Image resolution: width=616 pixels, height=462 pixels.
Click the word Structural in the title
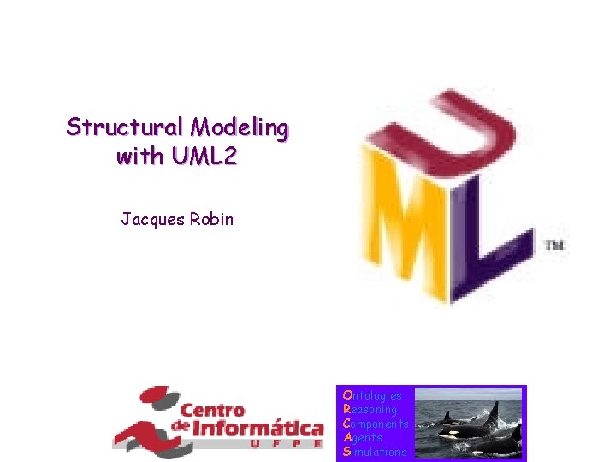(x=126, y=127)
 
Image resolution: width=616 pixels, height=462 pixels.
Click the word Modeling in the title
(x=240, y=127)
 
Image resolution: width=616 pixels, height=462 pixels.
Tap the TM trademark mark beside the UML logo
(x=554, y=246)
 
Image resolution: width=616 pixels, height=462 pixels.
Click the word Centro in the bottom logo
(x=212, y=410)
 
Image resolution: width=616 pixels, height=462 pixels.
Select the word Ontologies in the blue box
(x=371, y=396)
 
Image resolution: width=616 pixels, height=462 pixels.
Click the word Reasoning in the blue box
(x=370, y=410)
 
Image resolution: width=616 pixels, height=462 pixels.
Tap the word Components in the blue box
(x=375, y=423)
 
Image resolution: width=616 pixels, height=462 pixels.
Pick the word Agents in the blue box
(x=362, y=437)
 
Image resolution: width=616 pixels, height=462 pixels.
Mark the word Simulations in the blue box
(x=375, y=451)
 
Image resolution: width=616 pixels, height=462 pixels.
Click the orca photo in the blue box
(x=469, y=423)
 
